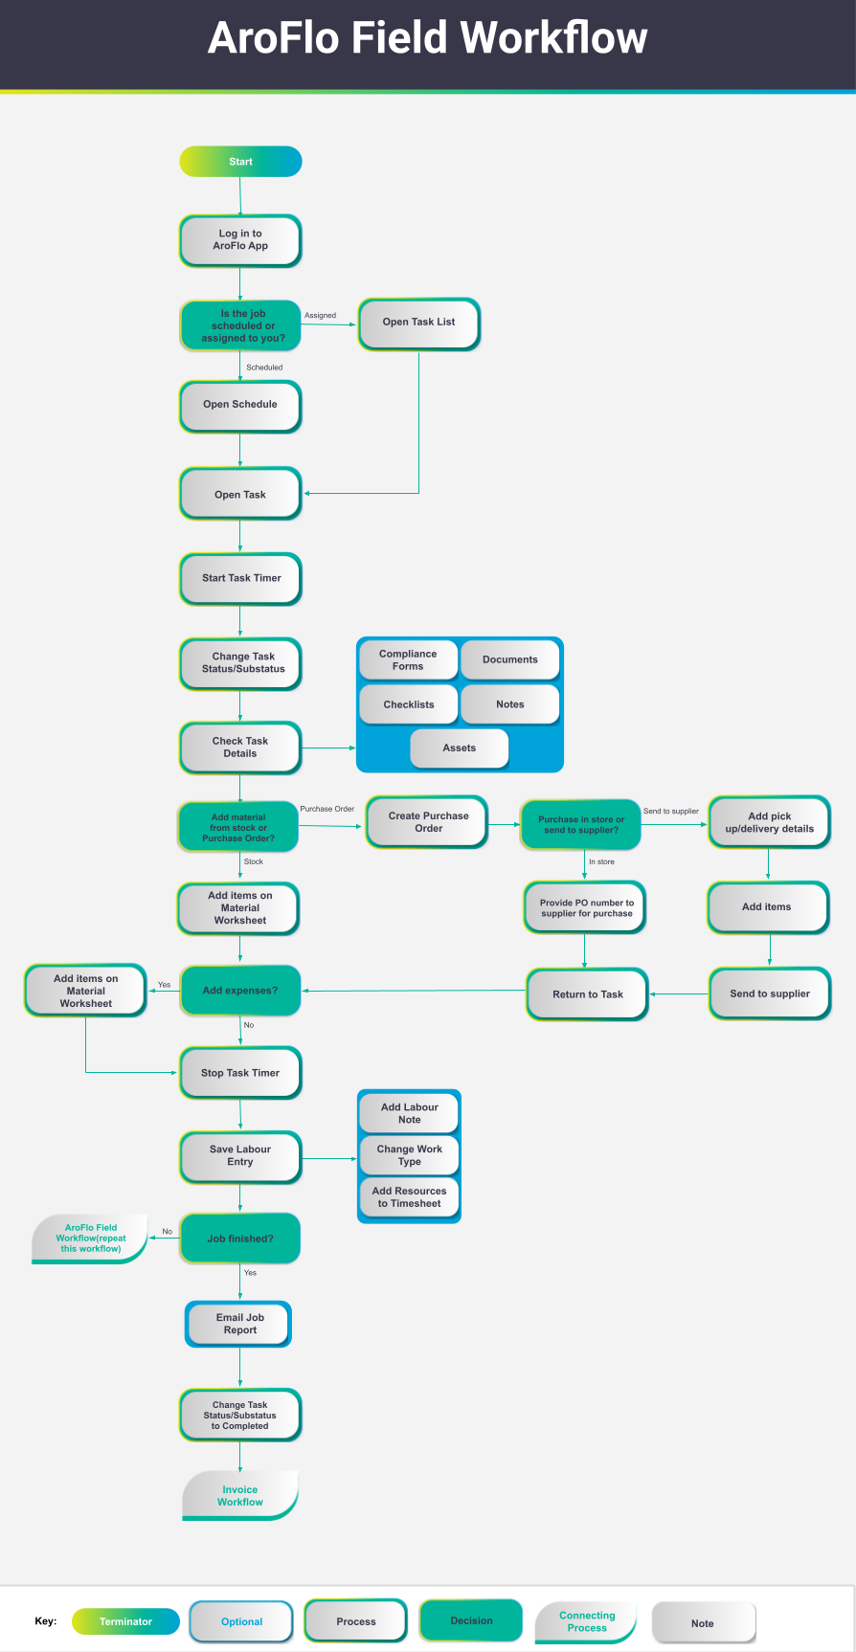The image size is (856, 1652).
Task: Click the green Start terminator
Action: tap(240, 162)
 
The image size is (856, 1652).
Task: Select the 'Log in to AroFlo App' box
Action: tap(240, 240)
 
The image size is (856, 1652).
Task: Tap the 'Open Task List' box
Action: tap(419, 324)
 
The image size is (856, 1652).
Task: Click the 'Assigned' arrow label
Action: tap(320, 315)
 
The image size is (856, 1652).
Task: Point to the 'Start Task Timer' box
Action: tap(240, 579)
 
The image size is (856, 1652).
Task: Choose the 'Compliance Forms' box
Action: tap(408, 660)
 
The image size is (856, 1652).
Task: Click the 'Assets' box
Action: tap(460, 748)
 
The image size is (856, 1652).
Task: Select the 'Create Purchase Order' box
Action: tap(428, 822)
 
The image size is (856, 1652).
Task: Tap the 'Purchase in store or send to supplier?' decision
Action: tap(580, 824)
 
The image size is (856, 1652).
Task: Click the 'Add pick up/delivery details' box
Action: tap(769, 823)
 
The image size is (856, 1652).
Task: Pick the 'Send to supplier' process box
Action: tap(769, 994)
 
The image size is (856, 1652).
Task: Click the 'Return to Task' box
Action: tap(588, 994)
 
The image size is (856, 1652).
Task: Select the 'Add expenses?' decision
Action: tap(240, 991)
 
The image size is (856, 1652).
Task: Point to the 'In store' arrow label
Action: tap(601, 861)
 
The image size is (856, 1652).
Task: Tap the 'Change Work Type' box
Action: tap(409, 1155)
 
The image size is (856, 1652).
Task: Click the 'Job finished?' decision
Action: tap(240, 1239)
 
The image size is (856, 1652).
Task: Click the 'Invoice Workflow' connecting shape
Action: tap(240, 1495)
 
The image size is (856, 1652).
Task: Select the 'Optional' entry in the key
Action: tap(241, 1621)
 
